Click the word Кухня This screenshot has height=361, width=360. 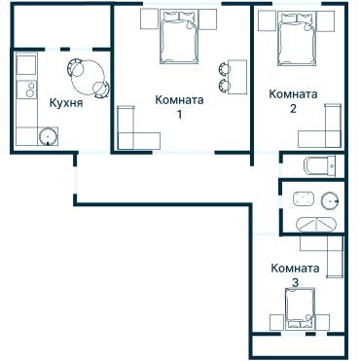tap(65, 101)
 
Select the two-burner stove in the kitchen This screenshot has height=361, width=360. tap(26, 69)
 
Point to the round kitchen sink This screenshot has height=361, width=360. tap(47, 135)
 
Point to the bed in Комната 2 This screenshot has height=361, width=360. tap(295, 40)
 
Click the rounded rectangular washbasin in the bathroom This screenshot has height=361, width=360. tap(303, 199)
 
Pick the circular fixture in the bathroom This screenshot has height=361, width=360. tap(329, 202)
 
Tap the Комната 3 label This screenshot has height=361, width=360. tap(294, 274)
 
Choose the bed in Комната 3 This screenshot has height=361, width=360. tap(296, 313)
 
